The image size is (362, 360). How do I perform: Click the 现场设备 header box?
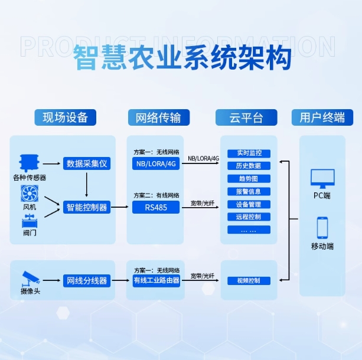[65, 117]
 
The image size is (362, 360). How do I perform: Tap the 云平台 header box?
[246, 117]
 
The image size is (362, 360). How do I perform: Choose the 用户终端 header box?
[322, 117]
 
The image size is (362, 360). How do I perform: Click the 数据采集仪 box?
[87, 163]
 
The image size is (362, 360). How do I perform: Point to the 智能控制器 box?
[87, 207]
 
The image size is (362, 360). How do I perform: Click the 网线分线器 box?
[87, 280]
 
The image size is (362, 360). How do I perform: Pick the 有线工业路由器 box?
[156, 280]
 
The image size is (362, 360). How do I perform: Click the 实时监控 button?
[249, 153]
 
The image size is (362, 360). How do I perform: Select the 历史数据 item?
[249, 166]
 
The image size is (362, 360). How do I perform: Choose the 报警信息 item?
[249, 191]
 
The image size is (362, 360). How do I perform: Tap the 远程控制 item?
[249, 217]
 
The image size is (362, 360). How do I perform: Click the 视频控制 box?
[249, 280]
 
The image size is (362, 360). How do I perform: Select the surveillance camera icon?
[30, 277]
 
